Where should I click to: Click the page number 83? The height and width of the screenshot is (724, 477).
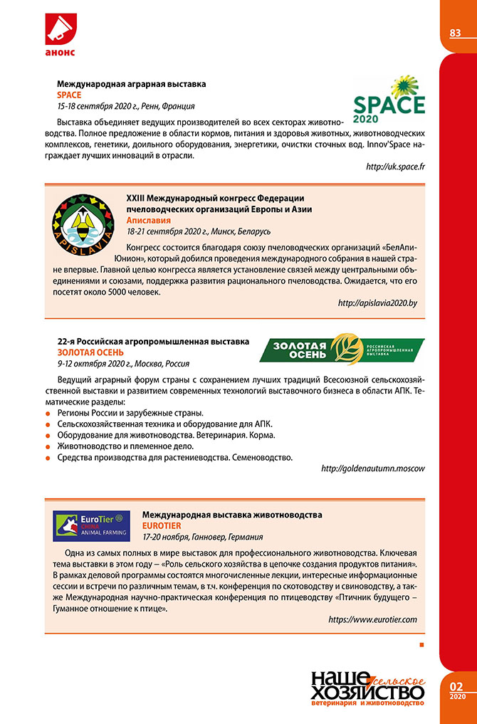[x=455, y=33]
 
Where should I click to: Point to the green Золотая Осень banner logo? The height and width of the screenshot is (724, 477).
[x=342, y=350]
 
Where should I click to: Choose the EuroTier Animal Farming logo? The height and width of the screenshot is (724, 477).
[x=91, y=525]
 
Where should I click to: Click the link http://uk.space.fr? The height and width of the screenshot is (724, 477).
[x=395, y=167]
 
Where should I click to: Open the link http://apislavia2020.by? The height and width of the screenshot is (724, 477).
[x=377, y=303]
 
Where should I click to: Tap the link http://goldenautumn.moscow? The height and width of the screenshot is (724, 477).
[x=373, y=468]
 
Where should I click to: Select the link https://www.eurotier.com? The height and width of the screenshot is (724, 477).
[x=372, y=619]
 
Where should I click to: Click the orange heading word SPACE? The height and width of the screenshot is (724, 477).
[x=69, y=95]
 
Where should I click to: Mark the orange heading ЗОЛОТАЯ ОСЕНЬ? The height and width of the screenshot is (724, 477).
[x=90, y=352]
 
